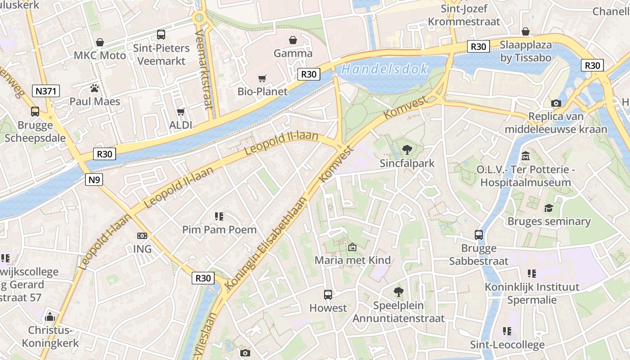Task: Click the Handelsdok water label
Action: click(384, 69)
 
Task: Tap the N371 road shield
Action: click(46, 91)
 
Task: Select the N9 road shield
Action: click(94, 180)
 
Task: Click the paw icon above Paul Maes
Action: click(94, 88)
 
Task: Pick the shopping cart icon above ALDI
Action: click(181, 111)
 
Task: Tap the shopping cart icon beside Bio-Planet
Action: click(262, 78)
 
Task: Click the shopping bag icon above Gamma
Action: click(293, 40)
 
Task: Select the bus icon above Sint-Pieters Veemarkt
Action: click(161, 34)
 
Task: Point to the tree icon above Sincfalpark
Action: click(407, 149)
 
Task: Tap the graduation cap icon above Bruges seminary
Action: click(549, 208)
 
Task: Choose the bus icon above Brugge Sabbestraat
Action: click(479, 234)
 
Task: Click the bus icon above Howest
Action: click(328, 295)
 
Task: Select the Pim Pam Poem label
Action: click(219, 229)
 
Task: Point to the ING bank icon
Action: click(142, 235)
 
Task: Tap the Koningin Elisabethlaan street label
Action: click(266, 243)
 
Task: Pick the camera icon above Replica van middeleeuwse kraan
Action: click(556, 103)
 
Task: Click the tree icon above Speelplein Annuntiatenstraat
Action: click(398, 292)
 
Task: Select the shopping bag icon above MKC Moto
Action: click(100, 42)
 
